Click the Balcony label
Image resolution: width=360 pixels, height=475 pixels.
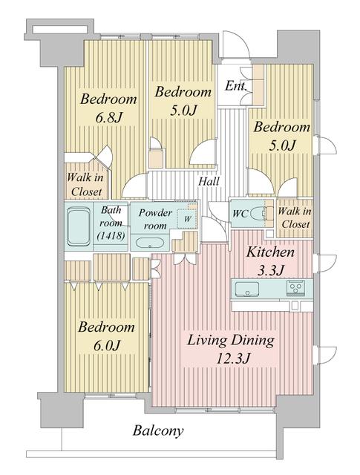158,430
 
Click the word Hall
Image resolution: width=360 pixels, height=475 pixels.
207,181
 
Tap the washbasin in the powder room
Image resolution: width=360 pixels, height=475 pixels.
151,243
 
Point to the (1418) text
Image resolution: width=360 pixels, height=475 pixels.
111,237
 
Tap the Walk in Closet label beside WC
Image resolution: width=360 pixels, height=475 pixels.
294,217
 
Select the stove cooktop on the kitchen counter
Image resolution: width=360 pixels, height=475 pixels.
296,288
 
